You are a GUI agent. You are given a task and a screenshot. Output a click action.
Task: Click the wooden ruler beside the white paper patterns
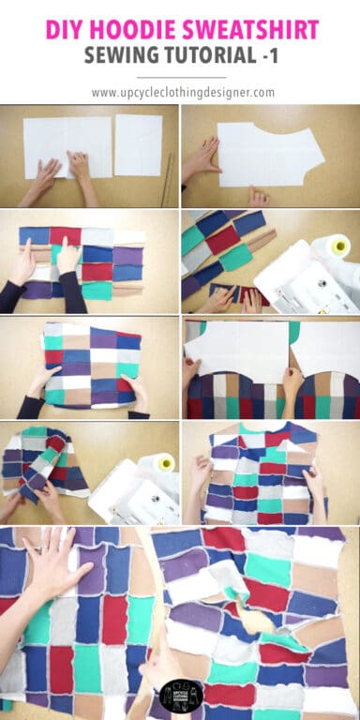(x=169, y=177)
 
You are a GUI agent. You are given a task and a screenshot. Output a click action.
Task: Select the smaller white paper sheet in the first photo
(x=139, y=145)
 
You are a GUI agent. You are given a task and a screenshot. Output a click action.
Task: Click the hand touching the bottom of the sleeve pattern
(x=258, y=196)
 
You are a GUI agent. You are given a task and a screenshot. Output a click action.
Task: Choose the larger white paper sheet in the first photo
(x=66, y=145)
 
